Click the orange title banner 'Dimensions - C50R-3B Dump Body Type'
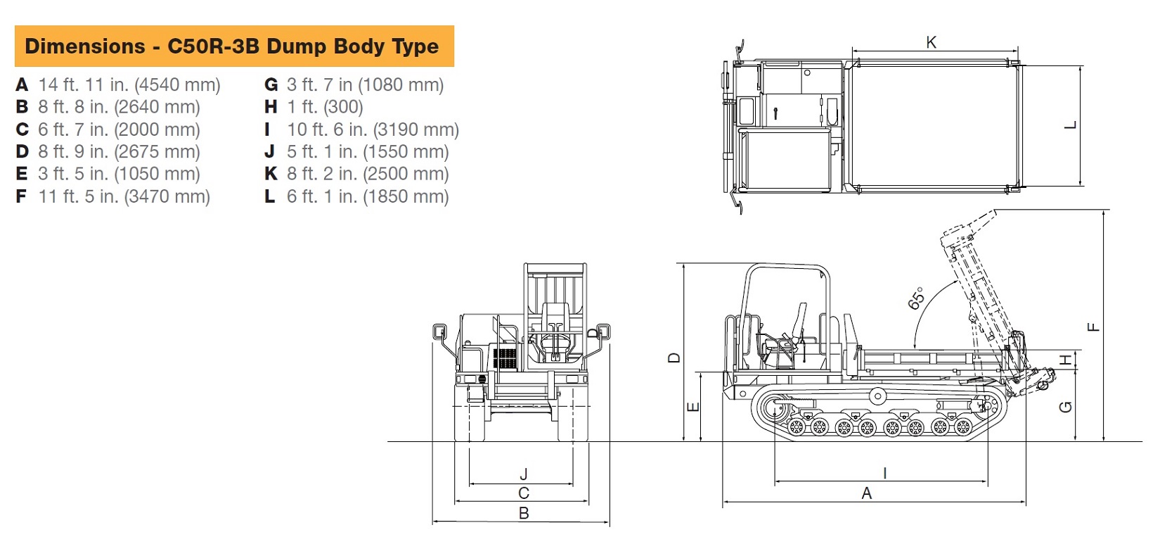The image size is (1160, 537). coord(233,46)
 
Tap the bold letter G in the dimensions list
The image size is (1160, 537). coord(271,85)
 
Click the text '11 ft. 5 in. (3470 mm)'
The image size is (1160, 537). coord(124,196)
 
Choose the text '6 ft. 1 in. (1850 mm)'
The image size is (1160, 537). coord(367,196)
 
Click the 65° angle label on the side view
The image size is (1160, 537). coord(917,298)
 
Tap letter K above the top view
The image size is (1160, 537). coord(931,43)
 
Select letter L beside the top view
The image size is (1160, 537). coord(1070,126)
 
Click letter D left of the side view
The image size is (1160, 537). coord(674,358)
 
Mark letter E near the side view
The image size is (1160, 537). coord(692,407)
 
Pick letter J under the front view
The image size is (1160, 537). coord(523,475)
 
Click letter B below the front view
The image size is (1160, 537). coord(523,513)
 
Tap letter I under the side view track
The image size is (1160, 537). coord(884,473)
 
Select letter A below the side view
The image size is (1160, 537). coord(866,493)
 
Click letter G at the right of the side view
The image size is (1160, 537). coord(1065,407)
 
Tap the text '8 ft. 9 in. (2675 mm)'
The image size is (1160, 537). coord(119,152)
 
